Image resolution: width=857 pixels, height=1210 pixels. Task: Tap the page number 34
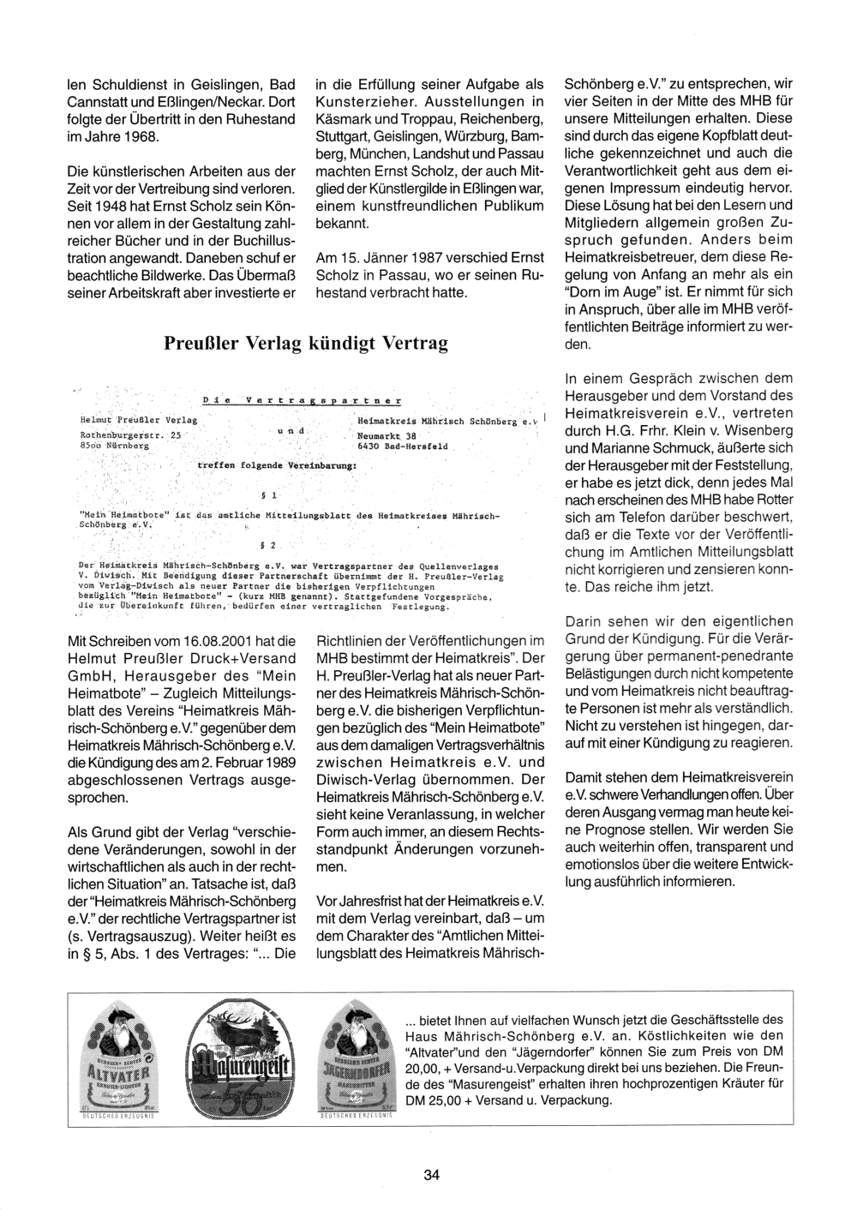(x=431, y=1175)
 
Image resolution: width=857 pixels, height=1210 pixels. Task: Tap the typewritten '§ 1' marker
(x=267, y=496)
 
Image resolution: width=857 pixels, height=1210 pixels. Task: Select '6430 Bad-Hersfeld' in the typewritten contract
(x=403, y=446)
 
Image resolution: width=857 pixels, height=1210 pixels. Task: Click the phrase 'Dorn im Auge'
(x=612, y=292)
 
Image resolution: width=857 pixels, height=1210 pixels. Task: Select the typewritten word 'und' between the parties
(x=291, y=429)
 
